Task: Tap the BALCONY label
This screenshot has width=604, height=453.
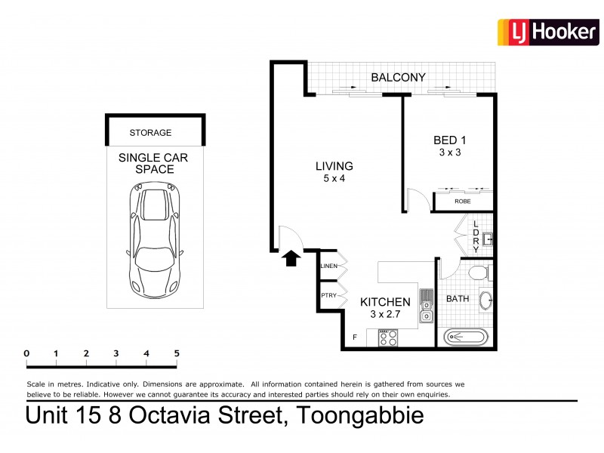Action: pos(398,77)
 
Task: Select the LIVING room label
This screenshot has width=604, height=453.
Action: pos(334,166)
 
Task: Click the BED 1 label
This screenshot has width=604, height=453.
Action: pos(450,140)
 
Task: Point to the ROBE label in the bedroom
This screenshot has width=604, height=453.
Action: pos(463,202)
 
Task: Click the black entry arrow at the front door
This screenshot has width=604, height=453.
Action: pos(290,259)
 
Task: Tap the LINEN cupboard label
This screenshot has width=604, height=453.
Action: pos(328,266)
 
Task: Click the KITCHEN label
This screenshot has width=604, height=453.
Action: pos(384,302)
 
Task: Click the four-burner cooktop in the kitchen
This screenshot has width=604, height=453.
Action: pos(387,337)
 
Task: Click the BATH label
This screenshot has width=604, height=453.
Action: pos(457,299)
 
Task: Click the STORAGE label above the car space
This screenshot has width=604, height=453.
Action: pos(150,133)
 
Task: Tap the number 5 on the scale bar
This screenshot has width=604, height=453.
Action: pos(176,353)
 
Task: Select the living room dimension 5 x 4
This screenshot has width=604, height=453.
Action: pos(334,179)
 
